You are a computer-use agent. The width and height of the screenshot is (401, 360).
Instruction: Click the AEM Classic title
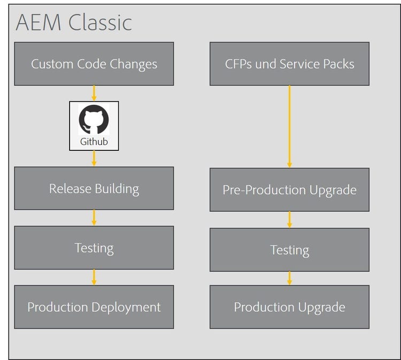click(74, 22)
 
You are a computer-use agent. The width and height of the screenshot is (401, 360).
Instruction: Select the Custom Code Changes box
click(94, 64)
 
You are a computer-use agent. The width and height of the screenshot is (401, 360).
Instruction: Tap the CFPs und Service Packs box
click(289, 64)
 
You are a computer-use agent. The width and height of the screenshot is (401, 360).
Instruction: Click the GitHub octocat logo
click(94, 119)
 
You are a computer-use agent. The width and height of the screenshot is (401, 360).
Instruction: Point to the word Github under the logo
click(94, 142)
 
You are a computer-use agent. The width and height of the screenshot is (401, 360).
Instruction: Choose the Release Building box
click(94, 188)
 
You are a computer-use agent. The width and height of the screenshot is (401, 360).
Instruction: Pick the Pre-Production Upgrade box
click(289, 189)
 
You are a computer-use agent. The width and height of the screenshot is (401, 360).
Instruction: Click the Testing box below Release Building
click(94, 248)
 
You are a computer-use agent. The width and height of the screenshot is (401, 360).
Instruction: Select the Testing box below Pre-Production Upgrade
click(289, 250)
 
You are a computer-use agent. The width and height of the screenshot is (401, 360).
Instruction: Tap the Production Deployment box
click(94, 307)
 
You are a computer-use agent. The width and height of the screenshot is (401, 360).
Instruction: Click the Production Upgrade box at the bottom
click(289, 307)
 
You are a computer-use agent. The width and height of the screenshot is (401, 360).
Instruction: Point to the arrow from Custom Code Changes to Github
click(94, 93)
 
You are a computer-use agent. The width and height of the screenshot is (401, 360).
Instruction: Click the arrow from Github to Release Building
click(94, 158)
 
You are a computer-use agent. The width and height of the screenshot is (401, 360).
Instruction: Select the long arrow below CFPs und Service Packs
click(289, 127)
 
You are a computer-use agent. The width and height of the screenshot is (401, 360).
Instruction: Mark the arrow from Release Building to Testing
click(94, 218)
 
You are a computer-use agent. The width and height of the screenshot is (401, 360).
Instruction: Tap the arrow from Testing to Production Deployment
click(94, 277)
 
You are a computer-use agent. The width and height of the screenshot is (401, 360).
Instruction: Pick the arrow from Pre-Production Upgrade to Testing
click(289, 219)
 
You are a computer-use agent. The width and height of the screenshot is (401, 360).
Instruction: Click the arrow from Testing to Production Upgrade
click(289, 278)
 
